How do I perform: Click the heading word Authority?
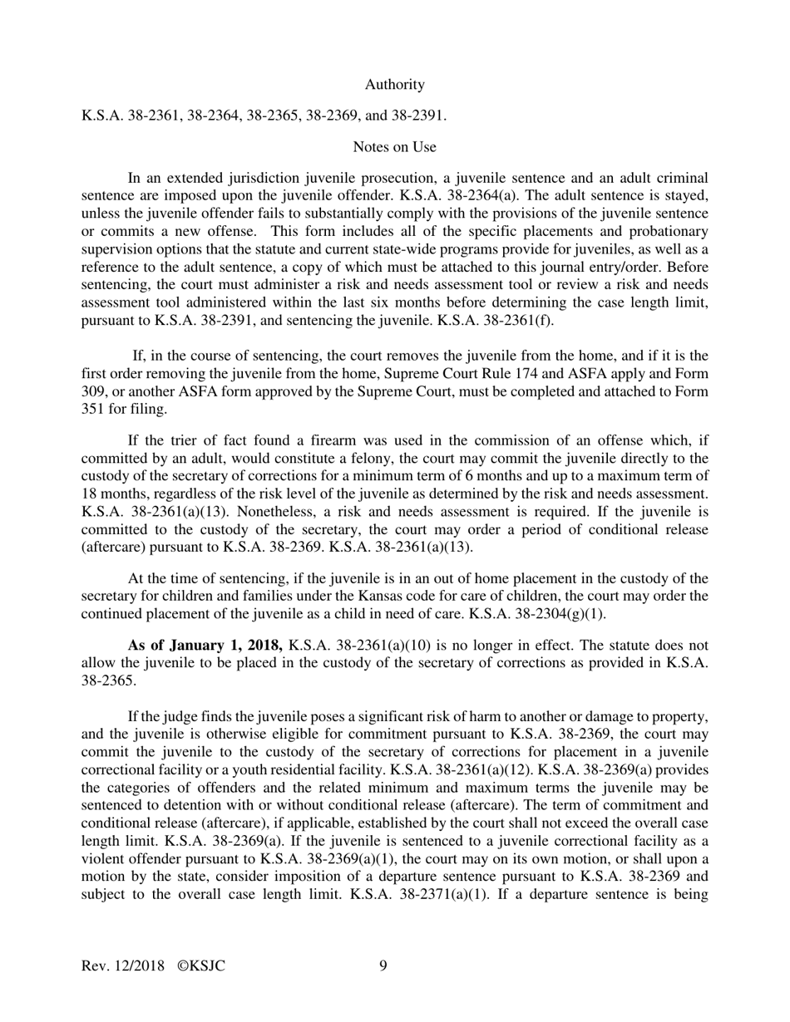394,85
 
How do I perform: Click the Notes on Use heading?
394,147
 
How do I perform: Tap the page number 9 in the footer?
383,965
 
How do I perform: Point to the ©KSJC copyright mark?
201,965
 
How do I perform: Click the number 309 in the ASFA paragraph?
95,391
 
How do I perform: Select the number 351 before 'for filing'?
95,409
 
